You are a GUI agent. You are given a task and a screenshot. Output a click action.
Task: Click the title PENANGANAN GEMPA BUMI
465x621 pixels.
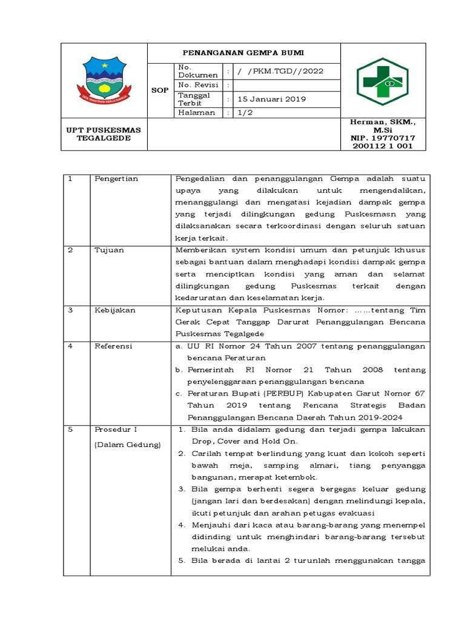click(x=244, y=53)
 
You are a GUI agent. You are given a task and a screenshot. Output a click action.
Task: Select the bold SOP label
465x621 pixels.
click(x=160, y=90)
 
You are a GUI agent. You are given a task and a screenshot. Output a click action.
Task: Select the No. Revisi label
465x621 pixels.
click(x=198, y=86)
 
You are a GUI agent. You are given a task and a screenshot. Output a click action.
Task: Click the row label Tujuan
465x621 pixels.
click(x=108, y=250)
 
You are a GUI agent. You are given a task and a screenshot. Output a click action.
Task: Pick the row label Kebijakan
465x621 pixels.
click(x=115, y=310)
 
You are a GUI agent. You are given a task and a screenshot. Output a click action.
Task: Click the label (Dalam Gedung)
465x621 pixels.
click(x=127, y=445)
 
